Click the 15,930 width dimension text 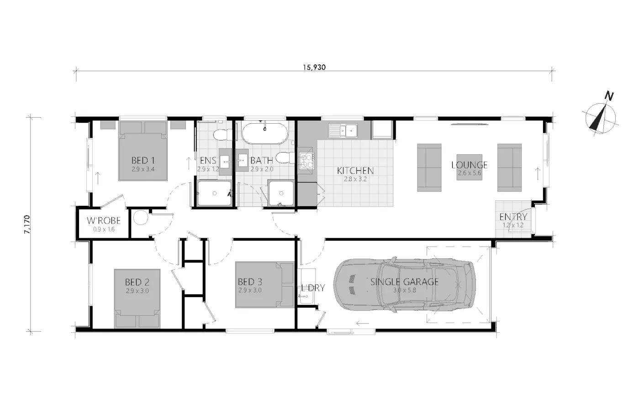pos(314,67)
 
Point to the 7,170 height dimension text pos(27,224)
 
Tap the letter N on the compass pos(608,96)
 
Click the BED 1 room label pos(143,160)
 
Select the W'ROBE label pos(104,220)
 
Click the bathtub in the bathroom pos(264,133)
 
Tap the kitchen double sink pos(343,131)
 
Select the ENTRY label pos(513,217)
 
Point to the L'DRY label pos(313,288)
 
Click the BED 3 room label pos(250,282)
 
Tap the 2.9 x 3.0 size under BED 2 pos(137,291)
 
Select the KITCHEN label pos(355,171)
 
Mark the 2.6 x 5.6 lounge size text pos(470,173)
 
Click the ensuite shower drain pos(215,194)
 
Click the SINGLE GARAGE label pos(404,282)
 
